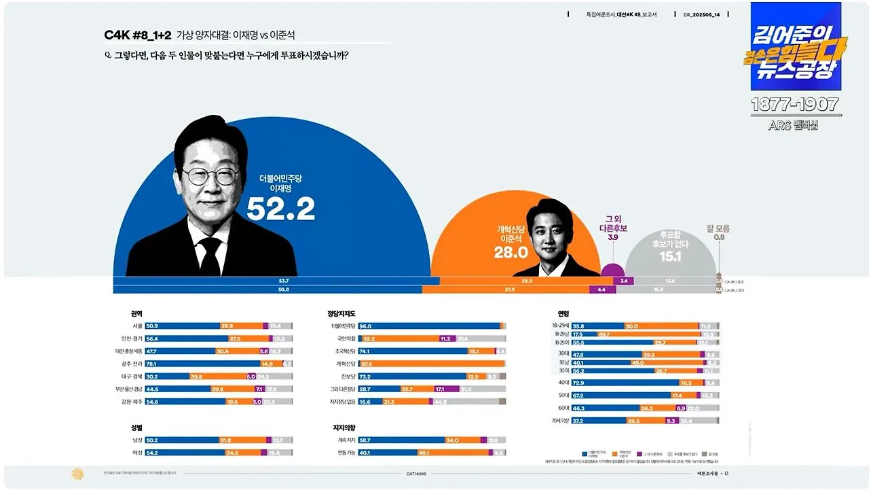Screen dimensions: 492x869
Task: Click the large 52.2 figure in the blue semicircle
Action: pos(280,209)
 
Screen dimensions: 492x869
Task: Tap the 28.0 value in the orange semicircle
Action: pos(511,253)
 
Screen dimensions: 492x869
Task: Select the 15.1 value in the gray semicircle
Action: pos(671,256)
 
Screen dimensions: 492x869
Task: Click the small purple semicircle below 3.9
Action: pos(612,270)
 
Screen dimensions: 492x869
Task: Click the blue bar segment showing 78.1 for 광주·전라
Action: pos(204,364)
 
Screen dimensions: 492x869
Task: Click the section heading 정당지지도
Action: pos(341,314)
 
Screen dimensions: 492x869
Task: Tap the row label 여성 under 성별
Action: pos(136,453)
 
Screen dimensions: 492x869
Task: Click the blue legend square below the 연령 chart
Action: pos(585,453)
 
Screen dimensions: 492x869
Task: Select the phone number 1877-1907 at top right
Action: pos(795,105)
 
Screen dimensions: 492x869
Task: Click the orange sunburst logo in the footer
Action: pos(77,474)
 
